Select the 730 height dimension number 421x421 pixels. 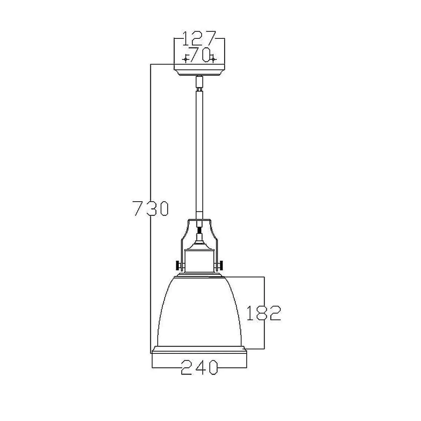click(x=150, y=208)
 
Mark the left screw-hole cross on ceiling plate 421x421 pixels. click(x=186, y=59)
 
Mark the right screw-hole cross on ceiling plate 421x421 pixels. click(x=214, y=59)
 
